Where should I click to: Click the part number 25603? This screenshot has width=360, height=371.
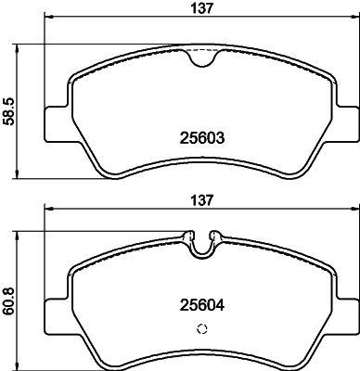pos(202,137)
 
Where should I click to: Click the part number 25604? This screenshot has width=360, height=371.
pos(202,306)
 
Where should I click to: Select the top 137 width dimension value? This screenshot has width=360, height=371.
pos(202,8)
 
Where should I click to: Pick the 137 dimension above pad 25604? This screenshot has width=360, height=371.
pos(202,200)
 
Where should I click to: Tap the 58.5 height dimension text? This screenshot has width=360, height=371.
pos(8,111)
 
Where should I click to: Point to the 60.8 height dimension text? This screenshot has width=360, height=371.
pos(8,301)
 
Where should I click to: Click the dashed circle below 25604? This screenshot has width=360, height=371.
pos(202,329)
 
